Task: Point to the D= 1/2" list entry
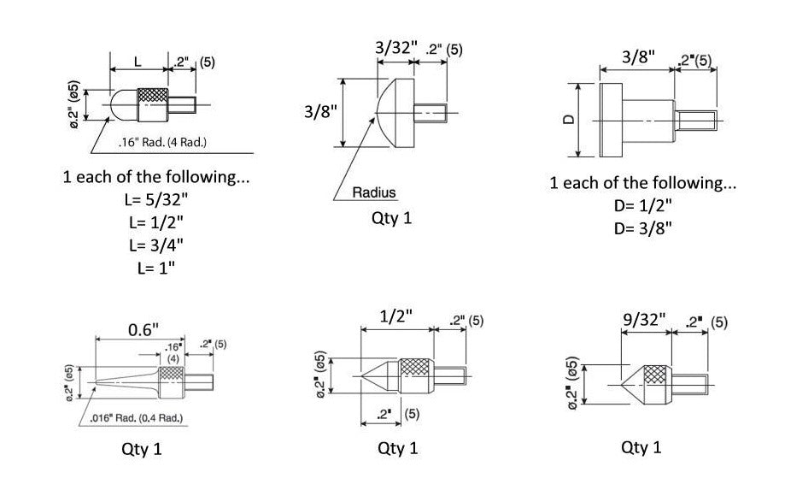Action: [x=642, y=206]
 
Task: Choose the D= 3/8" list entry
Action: [x=642, y=227]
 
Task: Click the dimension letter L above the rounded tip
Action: [x=139, y=62]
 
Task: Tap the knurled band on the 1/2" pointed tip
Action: [x=415, y=374]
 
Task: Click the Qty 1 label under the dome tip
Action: [x=392, y=218]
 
